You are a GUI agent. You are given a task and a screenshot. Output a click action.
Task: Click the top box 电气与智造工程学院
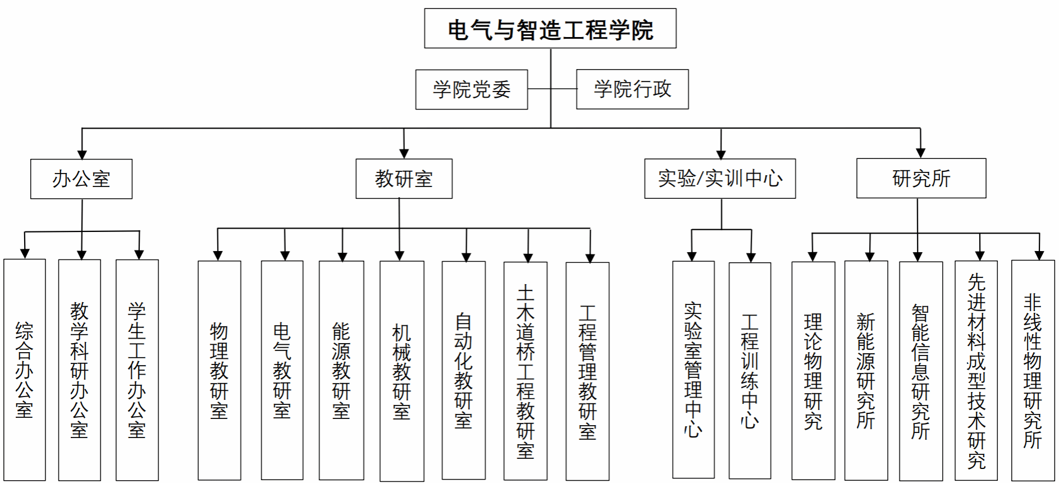(x=550, y=28)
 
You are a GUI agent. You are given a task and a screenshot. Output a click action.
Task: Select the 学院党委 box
(x=472, y=89)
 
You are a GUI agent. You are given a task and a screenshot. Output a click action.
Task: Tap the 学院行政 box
(x=632, y=89)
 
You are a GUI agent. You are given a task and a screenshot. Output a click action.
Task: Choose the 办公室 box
(x=81, y=179)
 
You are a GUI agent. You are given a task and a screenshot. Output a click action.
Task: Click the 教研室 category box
(x=404, y=179)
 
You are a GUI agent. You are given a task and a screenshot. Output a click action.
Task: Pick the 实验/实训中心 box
(x=720, y=179)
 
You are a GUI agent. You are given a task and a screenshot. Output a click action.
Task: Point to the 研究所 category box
(x=921, y=178)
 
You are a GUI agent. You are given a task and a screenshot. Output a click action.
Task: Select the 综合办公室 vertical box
(x=25, y=370)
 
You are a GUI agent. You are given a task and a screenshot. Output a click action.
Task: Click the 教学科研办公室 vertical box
(x=80, y=370)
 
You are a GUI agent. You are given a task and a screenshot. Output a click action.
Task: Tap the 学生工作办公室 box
(x=137, y=370)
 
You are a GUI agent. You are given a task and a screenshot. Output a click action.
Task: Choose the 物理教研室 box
(x=219, y=370)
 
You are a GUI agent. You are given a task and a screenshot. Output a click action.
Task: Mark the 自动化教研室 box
(x=464, y=370)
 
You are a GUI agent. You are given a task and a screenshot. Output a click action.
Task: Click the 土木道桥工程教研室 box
(x=526, y=371)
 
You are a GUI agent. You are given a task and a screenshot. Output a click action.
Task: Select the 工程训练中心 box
(x=750, y=371)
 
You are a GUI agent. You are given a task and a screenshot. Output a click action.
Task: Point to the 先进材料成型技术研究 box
(x=976, y=371)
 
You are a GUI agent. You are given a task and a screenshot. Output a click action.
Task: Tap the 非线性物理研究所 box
(x=1033, y=371)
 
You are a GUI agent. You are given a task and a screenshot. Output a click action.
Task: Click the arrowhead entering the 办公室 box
(x=82, y=154)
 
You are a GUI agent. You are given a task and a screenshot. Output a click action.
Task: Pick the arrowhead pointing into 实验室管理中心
(x=692, y=257)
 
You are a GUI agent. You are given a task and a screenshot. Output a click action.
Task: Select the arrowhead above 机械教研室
(x=399, y=256)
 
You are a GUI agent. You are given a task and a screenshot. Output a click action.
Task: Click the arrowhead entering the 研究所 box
(x=920, y=153)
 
